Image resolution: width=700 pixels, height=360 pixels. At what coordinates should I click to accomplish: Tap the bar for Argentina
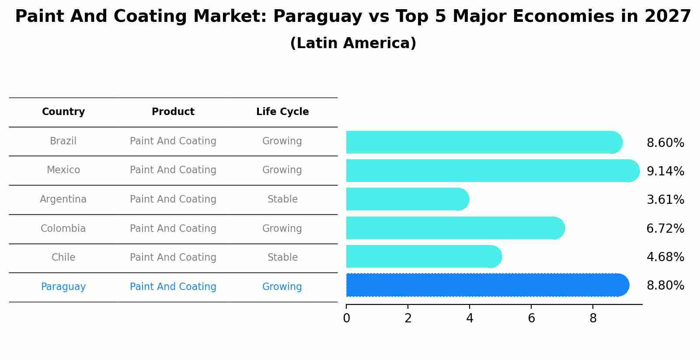(407, 199)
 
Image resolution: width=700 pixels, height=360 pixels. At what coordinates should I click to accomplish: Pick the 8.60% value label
(665, 143)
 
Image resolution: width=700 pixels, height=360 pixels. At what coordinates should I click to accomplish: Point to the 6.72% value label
(665, 228)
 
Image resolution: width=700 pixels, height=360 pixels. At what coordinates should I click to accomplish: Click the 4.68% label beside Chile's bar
(665, 257)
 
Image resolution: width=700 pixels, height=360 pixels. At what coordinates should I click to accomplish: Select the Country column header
(63, 112)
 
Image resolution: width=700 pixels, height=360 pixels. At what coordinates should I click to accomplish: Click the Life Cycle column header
(282, 112)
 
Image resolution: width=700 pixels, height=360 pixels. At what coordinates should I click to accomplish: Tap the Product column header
(173, 112)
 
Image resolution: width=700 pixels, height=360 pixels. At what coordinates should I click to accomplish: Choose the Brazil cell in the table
(63, 141)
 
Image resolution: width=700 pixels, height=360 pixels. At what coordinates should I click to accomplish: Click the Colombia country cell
(63, 228)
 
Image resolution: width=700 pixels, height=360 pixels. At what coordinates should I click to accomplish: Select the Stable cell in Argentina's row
(282, 199)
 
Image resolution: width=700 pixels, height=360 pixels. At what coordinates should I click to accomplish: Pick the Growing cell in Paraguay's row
(282, 287)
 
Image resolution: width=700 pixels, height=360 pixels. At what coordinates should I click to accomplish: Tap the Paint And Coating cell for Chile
(173, 257)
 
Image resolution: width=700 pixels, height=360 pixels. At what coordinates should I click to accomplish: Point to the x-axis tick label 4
(470, 318)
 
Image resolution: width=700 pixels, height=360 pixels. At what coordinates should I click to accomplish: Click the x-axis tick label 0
(346, 318)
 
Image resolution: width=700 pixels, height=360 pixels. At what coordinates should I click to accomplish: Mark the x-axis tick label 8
(593, 318)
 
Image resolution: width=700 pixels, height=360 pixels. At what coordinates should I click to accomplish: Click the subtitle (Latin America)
(353, 43)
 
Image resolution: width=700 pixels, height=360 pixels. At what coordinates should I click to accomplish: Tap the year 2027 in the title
(668, 17)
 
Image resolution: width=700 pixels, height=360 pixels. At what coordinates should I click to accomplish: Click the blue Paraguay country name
(63, 287)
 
